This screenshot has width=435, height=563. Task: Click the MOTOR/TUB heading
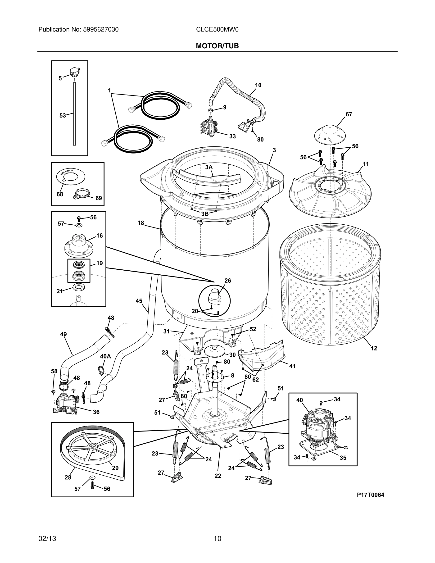click(217, 46)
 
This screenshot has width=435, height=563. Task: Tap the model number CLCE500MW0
click(217, 30)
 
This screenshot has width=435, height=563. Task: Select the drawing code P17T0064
click(370, 495)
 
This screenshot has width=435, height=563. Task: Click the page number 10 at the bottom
click(217, 539)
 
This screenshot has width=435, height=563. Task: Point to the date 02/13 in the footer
click(47, 539)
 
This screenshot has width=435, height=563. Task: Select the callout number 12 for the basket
click(374, 349)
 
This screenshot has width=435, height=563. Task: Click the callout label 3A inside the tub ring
click(209, 167)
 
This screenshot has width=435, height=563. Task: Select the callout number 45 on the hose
click(139, 301)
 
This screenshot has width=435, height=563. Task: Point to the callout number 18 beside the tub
click(141, 223)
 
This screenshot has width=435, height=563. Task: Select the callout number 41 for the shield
click(292, 366)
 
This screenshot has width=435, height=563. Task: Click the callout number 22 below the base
click(218, 476)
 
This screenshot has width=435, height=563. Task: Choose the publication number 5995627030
click(101, 30)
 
